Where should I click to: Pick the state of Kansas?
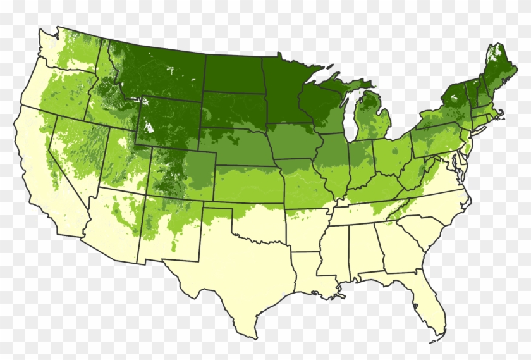point(250,183)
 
